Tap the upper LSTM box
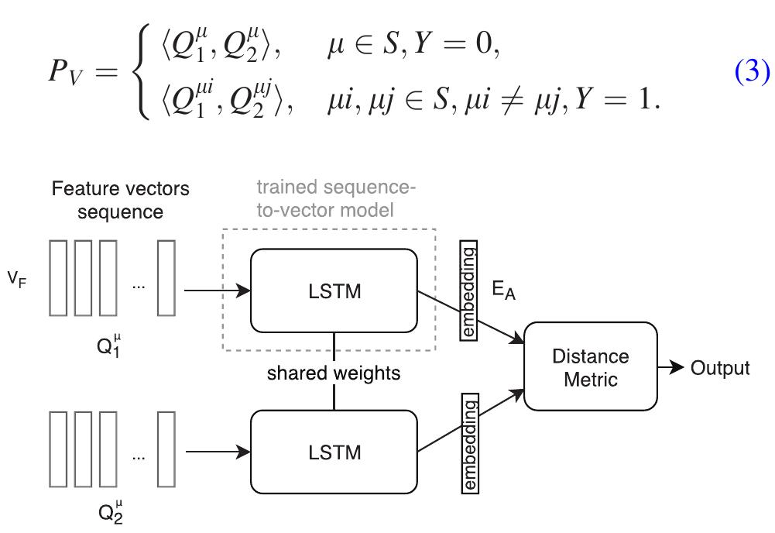click(334, 291)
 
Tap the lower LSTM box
click(334, 452)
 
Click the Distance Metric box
click(590, 367)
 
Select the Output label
click(720, 368)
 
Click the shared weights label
click(334, 373)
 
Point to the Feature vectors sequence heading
click(120, 200)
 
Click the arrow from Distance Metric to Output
click(671, 368)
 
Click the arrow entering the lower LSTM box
click(218, 452)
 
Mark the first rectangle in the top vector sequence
click(58, 278)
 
